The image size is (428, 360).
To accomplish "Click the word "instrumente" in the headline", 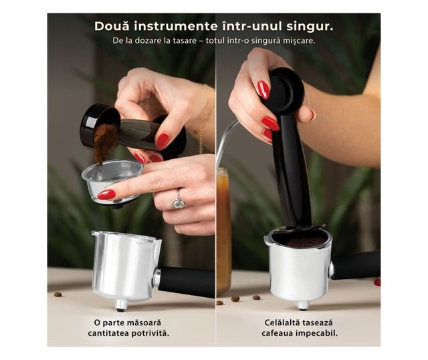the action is point(177,26).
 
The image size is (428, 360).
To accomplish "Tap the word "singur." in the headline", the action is point(310,27).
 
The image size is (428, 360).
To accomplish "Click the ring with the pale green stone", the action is point(179,201).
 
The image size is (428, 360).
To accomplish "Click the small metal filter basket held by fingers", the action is point(112,180).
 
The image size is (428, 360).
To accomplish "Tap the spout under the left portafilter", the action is point(120,305).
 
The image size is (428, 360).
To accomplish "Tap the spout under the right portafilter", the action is point(302,305).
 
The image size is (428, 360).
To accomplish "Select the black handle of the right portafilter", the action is point(356,266).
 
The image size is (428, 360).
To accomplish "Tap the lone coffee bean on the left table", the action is point(58,294).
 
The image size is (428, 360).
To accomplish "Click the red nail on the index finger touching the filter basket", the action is point(107,195).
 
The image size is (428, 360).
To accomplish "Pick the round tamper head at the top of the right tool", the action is point(286,91).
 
